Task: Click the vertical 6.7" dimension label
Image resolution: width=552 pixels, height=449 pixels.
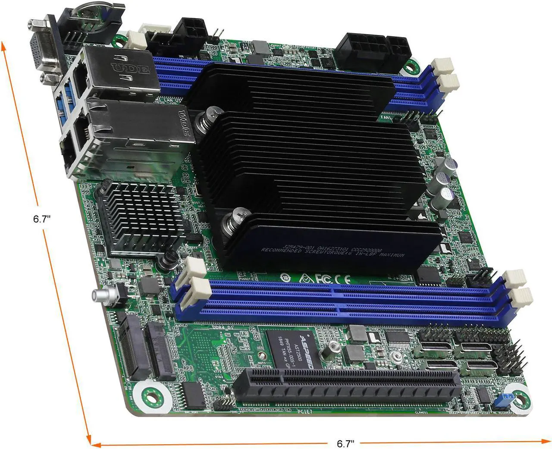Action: (x=42, y=219)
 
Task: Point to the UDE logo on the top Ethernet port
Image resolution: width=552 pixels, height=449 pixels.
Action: (x=130, y=68)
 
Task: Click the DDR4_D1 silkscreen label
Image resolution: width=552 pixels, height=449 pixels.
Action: (x=223, y=327)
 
